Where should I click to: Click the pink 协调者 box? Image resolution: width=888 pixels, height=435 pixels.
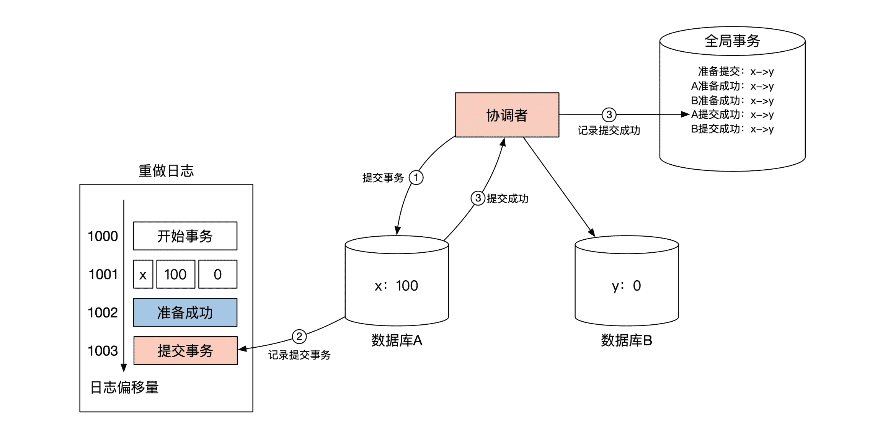(507, 115)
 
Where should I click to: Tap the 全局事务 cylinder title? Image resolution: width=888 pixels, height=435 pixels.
(732, 41)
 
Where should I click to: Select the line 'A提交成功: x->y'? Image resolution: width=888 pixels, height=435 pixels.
(732, 114)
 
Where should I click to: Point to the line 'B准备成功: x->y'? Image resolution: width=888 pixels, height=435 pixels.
(732, 100)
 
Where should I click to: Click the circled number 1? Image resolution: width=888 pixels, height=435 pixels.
(416, 178)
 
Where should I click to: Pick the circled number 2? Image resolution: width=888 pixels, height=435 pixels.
(299, 337)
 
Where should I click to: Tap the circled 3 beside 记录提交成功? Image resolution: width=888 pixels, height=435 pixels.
(609, 114)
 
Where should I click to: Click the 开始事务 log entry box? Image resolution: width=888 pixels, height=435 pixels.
(185, 236)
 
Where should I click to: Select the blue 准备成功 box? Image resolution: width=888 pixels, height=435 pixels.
(185, 312)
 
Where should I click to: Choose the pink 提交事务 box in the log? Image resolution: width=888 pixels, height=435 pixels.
(185, 351)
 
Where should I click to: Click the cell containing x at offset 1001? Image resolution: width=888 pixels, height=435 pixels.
(143, 274)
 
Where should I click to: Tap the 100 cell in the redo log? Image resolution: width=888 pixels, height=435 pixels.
(175, 274)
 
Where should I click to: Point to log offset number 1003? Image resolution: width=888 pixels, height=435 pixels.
(103, 351)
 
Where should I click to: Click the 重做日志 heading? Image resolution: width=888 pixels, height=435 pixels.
(166, 171)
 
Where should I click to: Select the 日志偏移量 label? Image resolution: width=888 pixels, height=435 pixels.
(124, 387)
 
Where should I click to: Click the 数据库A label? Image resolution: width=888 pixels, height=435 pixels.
(397, 340)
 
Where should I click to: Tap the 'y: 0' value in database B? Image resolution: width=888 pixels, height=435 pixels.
(626, 286)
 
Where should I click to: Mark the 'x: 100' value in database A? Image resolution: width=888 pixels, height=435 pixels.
(397, 286)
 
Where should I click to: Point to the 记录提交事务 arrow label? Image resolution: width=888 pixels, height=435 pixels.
(299, 355)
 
